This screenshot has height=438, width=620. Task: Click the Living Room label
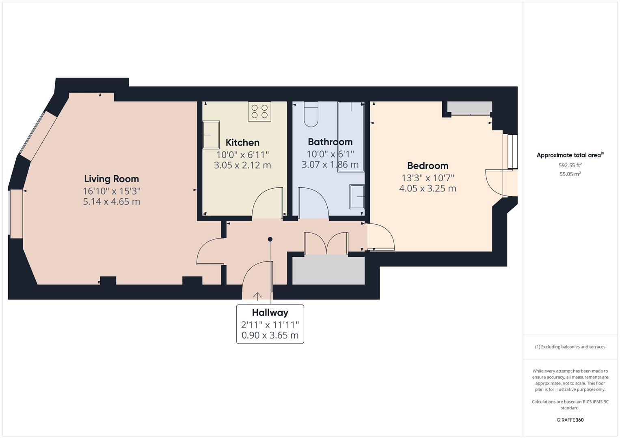coord(111,179)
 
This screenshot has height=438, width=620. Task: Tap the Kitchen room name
coord(242,143)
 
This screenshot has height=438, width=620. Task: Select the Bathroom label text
coord(330,142)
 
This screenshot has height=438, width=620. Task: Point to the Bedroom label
coord(428,166)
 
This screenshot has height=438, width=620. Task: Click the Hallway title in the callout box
coord(270,313)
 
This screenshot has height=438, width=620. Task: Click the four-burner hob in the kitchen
coord(259,111)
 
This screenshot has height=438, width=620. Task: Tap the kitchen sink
coord(211,135)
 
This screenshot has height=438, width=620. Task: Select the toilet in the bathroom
coord(312,114)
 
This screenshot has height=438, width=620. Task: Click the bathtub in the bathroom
coord(351,137)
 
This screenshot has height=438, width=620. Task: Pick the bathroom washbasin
coord(357,197)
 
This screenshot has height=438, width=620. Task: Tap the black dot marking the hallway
coord(270,239)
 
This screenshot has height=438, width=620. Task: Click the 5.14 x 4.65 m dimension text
coord(111,202)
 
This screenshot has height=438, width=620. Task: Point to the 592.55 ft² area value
coord(570,165)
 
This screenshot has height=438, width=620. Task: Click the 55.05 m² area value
coord(570,174)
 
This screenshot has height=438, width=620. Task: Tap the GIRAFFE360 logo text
coord(570,420)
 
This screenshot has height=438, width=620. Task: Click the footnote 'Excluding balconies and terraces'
coord(570,347)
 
